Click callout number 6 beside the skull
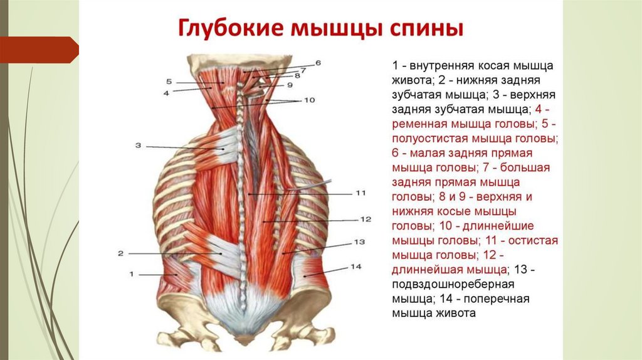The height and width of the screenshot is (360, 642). pyautogui.click(x=318, y=63)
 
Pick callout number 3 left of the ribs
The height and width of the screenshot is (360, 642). pyautogui.click(x=138, y=146)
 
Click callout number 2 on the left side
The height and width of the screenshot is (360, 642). pyautogui.click(x=120, y=253)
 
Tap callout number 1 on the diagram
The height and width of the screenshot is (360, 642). pyautogui.click(x=132, y=273)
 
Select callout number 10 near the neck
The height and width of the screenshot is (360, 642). pyautogui.click(x=309, y=100)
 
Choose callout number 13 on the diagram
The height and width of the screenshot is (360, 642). pyautogui.click(x=359, y=241)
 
